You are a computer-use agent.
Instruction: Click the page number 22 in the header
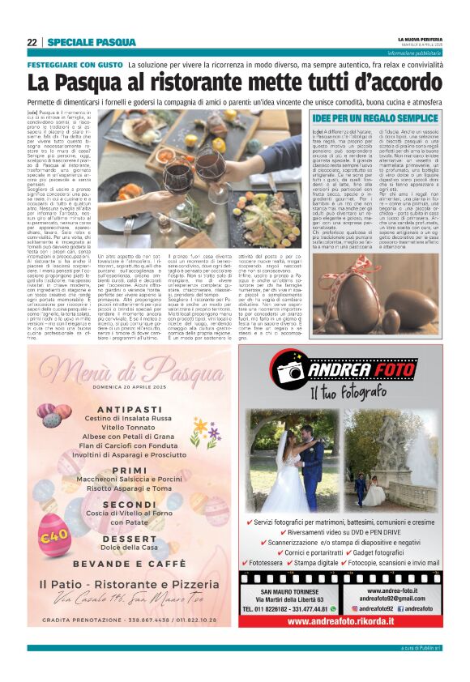[32, 41]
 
